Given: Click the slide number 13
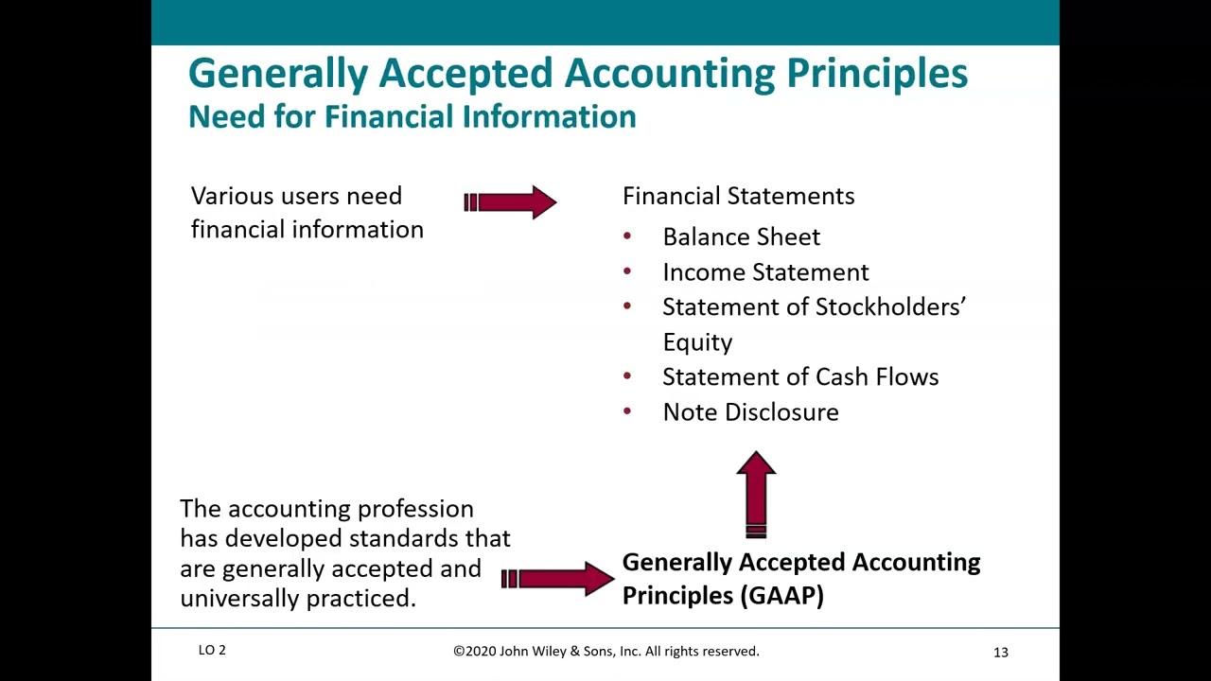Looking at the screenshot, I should tap(1000, 652).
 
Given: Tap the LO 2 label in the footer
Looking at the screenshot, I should tap(212, 650).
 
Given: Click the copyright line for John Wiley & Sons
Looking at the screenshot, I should tap(605, 651).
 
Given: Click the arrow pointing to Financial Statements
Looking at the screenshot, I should tap(511, 202).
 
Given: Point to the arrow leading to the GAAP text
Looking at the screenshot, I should tap(557, 578).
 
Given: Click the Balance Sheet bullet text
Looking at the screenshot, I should tap(741, 236).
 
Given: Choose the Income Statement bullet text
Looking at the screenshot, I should tap(765, 272).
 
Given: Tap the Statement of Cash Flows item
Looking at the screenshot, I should tap(800, 376).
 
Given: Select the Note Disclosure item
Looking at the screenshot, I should tap(750, 412).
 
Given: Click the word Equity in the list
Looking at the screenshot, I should tap(697, 342).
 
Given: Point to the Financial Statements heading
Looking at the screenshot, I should tap(738, 196).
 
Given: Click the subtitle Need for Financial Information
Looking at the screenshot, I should tap(412, 116).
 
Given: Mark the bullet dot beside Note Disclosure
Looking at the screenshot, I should tap(627, 411).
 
